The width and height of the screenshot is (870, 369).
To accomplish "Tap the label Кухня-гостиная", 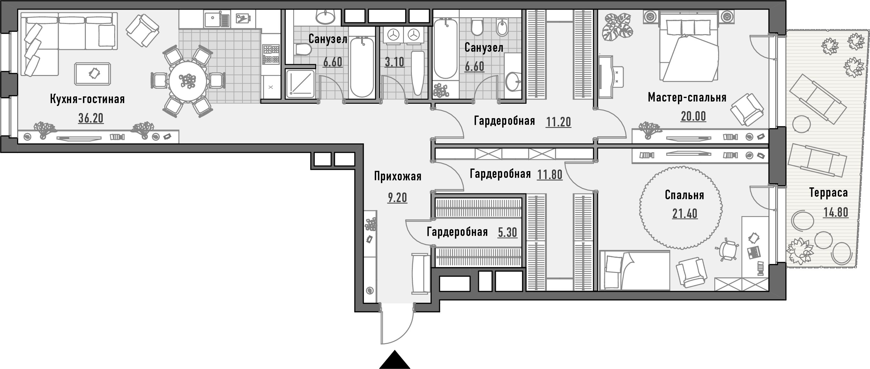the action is click(x=87, y=99).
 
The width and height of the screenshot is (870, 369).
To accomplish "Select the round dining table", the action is click(x=188, y=81).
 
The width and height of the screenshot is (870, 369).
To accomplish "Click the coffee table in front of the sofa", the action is click(x=93, y=74).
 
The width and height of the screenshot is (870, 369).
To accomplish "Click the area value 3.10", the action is click(x=394, y=62).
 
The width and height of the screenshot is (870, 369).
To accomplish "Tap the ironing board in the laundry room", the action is click(x=418, y=73).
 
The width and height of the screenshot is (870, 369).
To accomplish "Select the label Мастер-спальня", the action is click(x=687, y=97).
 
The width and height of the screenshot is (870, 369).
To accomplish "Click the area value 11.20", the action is click(x=559, y=122).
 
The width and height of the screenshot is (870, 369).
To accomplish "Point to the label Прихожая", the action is click(x=398, y=177).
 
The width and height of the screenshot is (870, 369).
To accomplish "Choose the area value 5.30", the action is click(x=508, y=232).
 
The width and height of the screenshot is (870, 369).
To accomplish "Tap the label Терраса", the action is click(x=829, y=192).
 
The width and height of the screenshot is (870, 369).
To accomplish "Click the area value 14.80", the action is click(x=836, y=212).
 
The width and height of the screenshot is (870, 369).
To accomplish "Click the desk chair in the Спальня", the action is click(x=727, y=249).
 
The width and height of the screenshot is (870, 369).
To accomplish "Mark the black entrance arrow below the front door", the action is click(x=394, y=360).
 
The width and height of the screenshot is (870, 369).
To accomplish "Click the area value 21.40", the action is click(x=685, y=214).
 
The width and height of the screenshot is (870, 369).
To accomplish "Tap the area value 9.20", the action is click(x=398, y=197).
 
